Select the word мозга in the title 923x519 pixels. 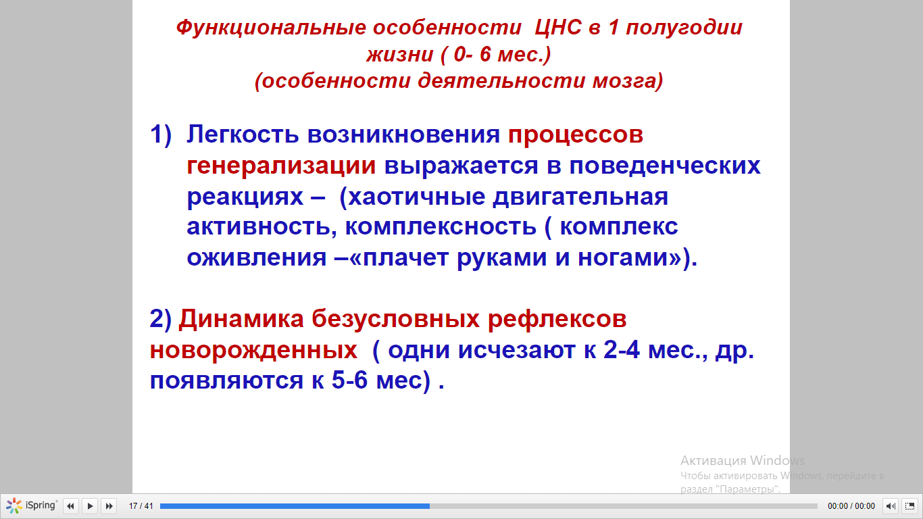[x=628, y=80]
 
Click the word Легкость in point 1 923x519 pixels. [x=243, y=134]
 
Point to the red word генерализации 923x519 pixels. [x=281, y=166]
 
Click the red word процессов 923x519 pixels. [x=575, y=134]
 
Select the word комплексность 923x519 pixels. [x=441, y=227]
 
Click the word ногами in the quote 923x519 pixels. [x=629, y=257]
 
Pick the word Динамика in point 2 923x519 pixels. [x=241, y=319]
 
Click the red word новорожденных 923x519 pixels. [x=253, y=351]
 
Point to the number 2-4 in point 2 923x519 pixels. [x=622, y=349]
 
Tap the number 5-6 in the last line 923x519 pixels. [x=349, y=380]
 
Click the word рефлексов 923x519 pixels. [x=557, y=320]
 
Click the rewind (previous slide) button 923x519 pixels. [x=71, y=505]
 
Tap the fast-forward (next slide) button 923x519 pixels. [x=109, y=505]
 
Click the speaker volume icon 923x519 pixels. [x=891, y=505]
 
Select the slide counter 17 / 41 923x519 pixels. [x=141, y=505]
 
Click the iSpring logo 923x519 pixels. [x=31, y=505]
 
